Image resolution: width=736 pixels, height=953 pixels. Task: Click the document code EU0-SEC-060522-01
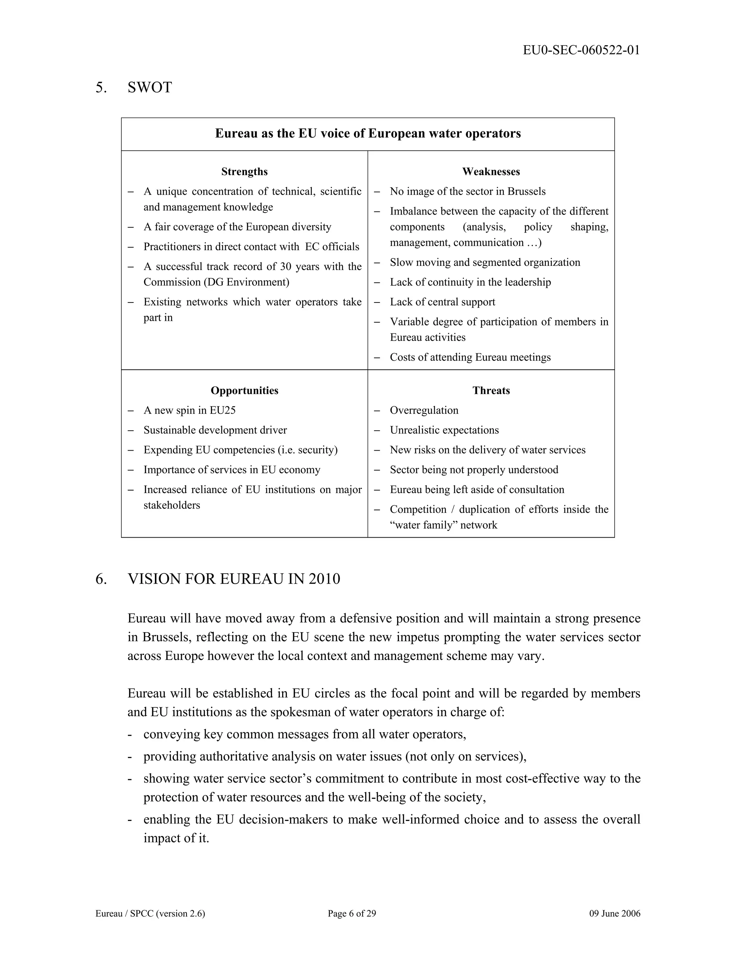click(581, 50)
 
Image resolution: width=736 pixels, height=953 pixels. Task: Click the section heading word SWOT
click(149, 87)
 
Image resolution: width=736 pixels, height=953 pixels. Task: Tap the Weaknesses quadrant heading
click(491, 172)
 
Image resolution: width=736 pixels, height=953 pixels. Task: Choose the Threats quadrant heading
click(491, 391)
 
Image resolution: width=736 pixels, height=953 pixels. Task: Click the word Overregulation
click(424, 410)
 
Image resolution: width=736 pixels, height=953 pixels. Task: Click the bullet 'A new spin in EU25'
click(189, 410)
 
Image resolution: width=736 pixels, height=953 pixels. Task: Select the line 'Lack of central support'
click(442, 302)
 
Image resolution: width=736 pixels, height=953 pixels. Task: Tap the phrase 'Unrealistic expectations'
click(444, 430)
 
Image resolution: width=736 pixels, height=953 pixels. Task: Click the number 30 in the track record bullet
click(286, 266)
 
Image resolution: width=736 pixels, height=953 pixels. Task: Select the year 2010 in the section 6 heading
click(324, 579)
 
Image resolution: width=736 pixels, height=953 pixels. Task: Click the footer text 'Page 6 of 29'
click(351, 913)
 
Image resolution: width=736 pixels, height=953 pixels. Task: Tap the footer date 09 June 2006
click(614, 913)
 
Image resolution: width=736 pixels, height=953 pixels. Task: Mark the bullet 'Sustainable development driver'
click(215, 430)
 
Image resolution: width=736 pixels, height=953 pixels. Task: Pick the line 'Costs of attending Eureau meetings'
click(470, 357)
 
